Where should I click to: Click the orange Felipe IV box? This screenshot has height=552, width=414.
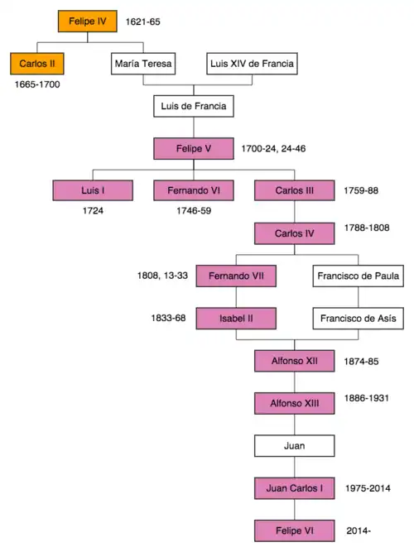[88, 22]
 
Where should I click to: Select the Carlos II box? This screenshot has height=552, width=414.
[37, 64]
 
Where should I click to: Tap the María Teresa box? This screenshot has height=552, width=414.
[143, 64]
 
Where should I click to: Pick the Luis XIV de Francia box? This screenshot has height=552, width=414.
[252, 64]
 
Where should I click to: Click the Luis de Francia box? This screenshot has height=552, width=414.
[194, 106]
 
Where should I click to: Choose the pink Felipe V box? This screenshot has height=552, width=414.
[194, 149]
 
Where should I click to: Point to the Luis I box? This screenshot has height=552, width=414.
[93, 190]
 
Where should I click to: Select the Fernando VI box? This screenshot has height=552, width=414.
[194, 190]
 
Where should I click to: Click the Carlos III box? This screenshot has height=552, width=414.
[295, 190]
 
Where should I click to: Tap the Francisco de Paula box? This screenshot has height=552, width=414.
[359, 276]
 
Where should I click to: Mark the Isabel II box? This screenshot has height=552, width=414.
[236, 319]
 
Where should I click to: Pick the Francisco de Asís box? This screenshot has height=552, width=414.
[359, 319]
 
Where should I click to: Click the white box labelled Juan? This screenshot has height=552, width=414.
[295, 446]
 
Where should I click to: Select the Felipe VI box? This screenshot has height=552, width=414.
[295, 530]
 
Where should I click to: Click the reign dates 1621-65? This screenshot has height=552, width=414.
[142, 22]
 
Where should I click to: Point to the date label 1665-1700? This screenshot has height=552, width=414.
[37, 84]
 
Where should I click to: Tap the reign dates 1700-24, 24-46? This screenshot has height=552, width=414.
[273, 149]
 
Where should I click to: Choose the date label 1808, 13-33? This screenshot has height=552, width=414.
[162, 276]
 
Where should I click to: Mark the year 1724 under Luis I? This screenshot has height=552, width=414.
[93, 211]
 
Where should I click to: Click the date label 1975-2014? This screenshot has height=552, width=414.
[368, 488]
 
